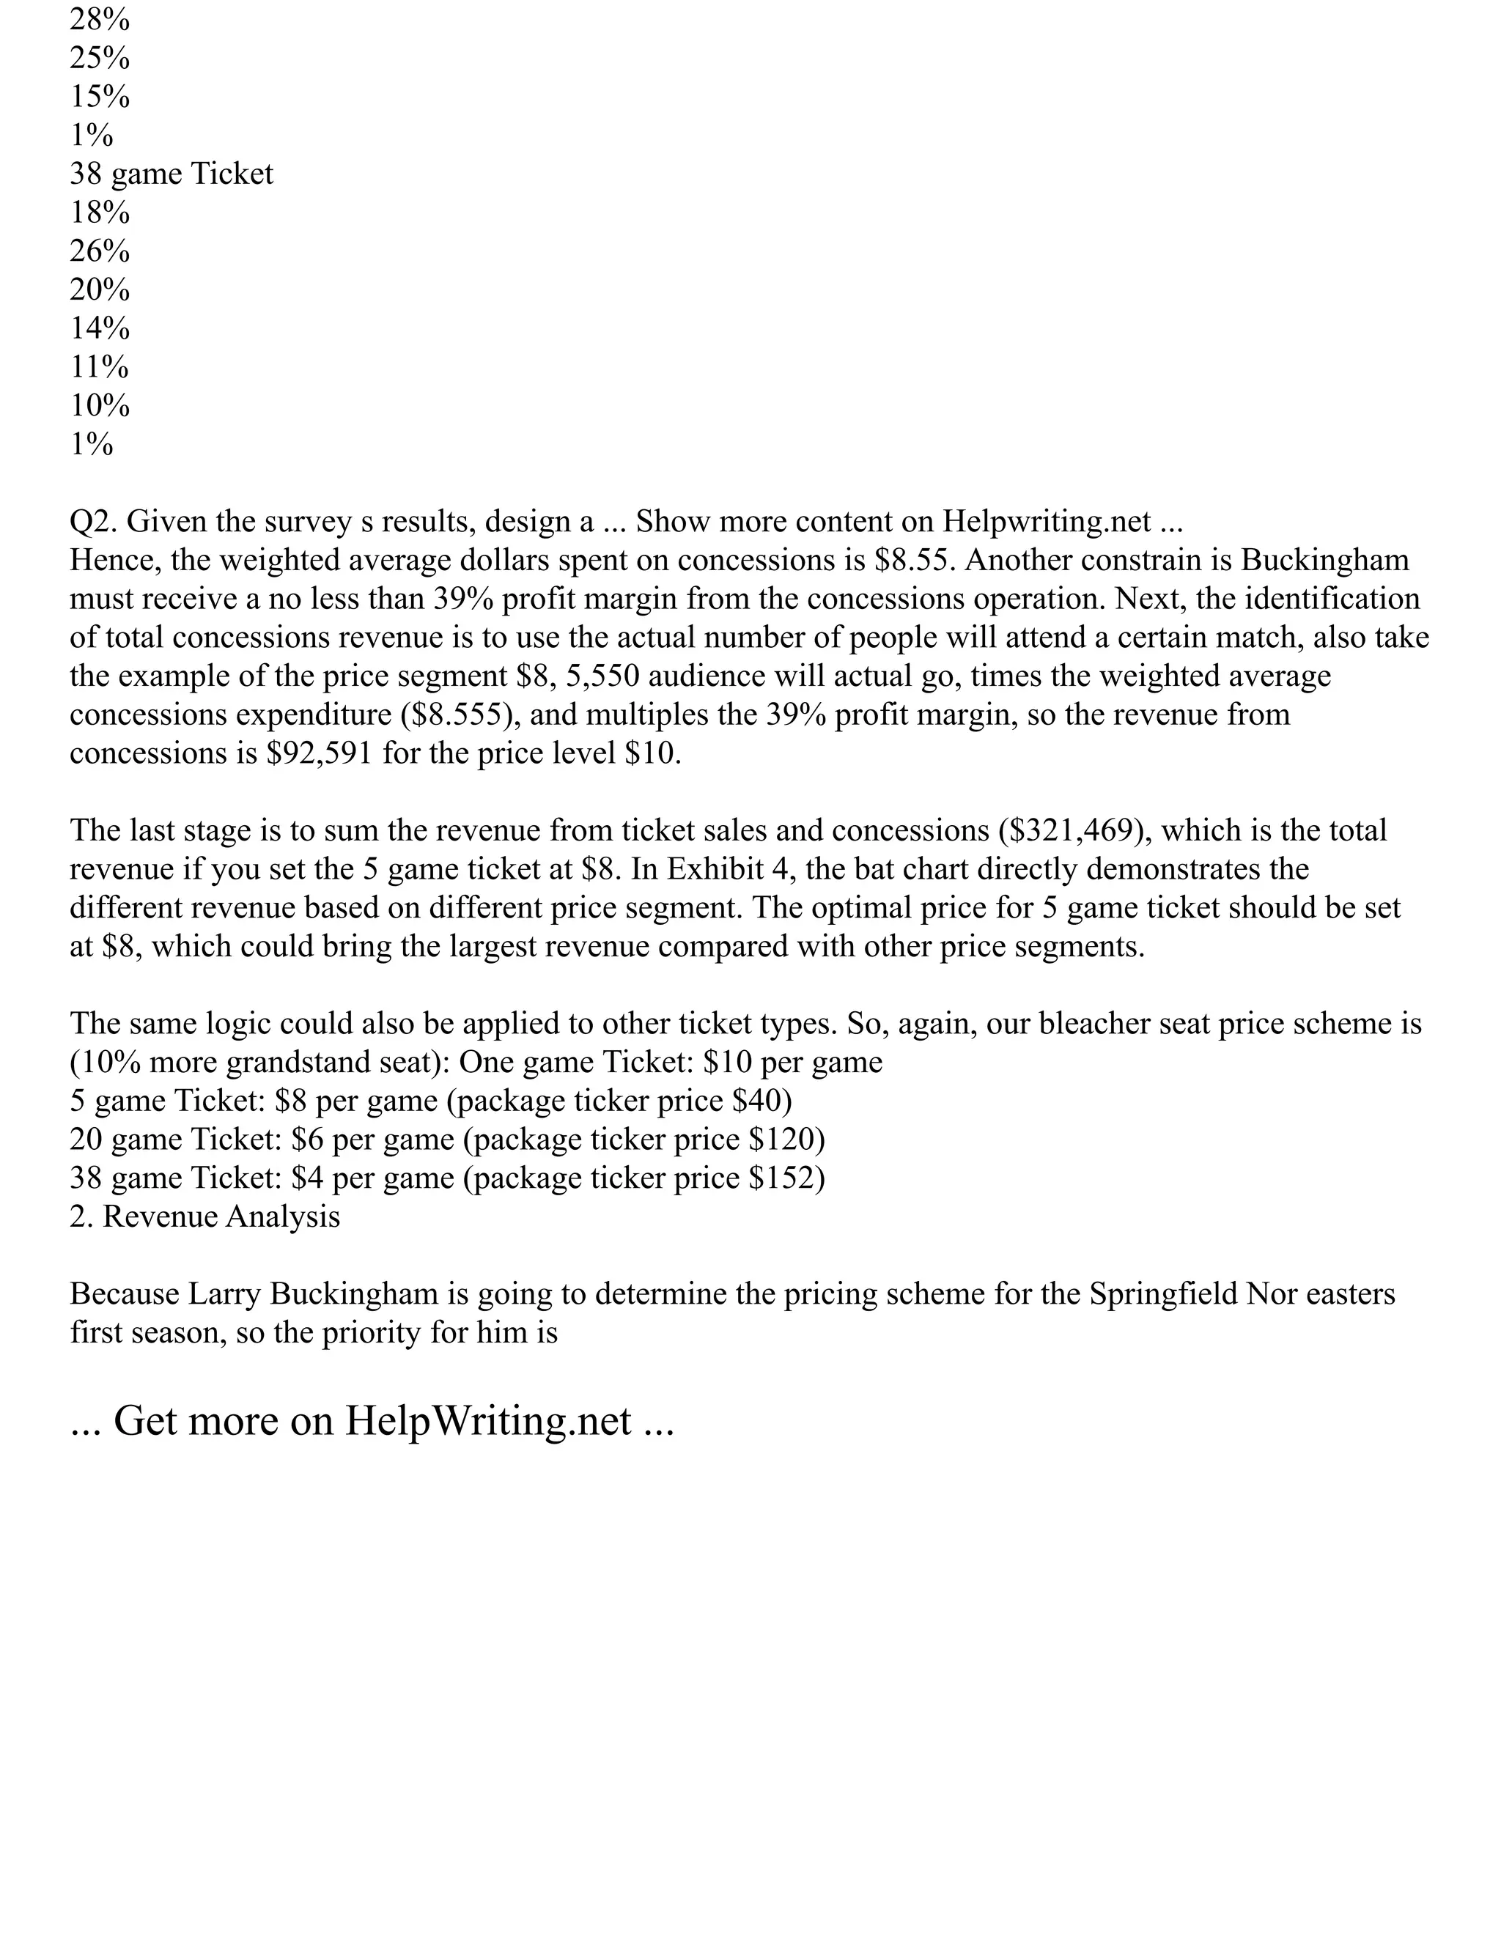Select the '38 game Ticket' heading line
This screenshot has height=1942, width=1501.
pyautogui.click(x=172, y=174)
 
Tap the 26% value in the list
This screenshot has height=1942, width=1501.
pyautogui.click(x=100, y=251)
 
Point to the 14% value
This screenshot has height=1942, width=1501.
pyautogui.click(x=100, y=328)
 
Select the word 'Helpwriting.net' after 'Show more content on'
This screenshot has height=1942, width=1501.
pyautogui.click(x=1047, y=522)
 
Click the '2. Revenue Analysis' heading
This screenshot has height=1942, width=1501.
pyautogui.click(x=204, y=1216)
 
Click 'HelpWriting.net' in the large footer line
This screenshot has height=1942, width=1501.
pyautogui.click(x=488, y=1421)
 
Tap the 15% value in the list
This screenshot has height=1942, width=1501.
pyautogui.click(x=100, y=96)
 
